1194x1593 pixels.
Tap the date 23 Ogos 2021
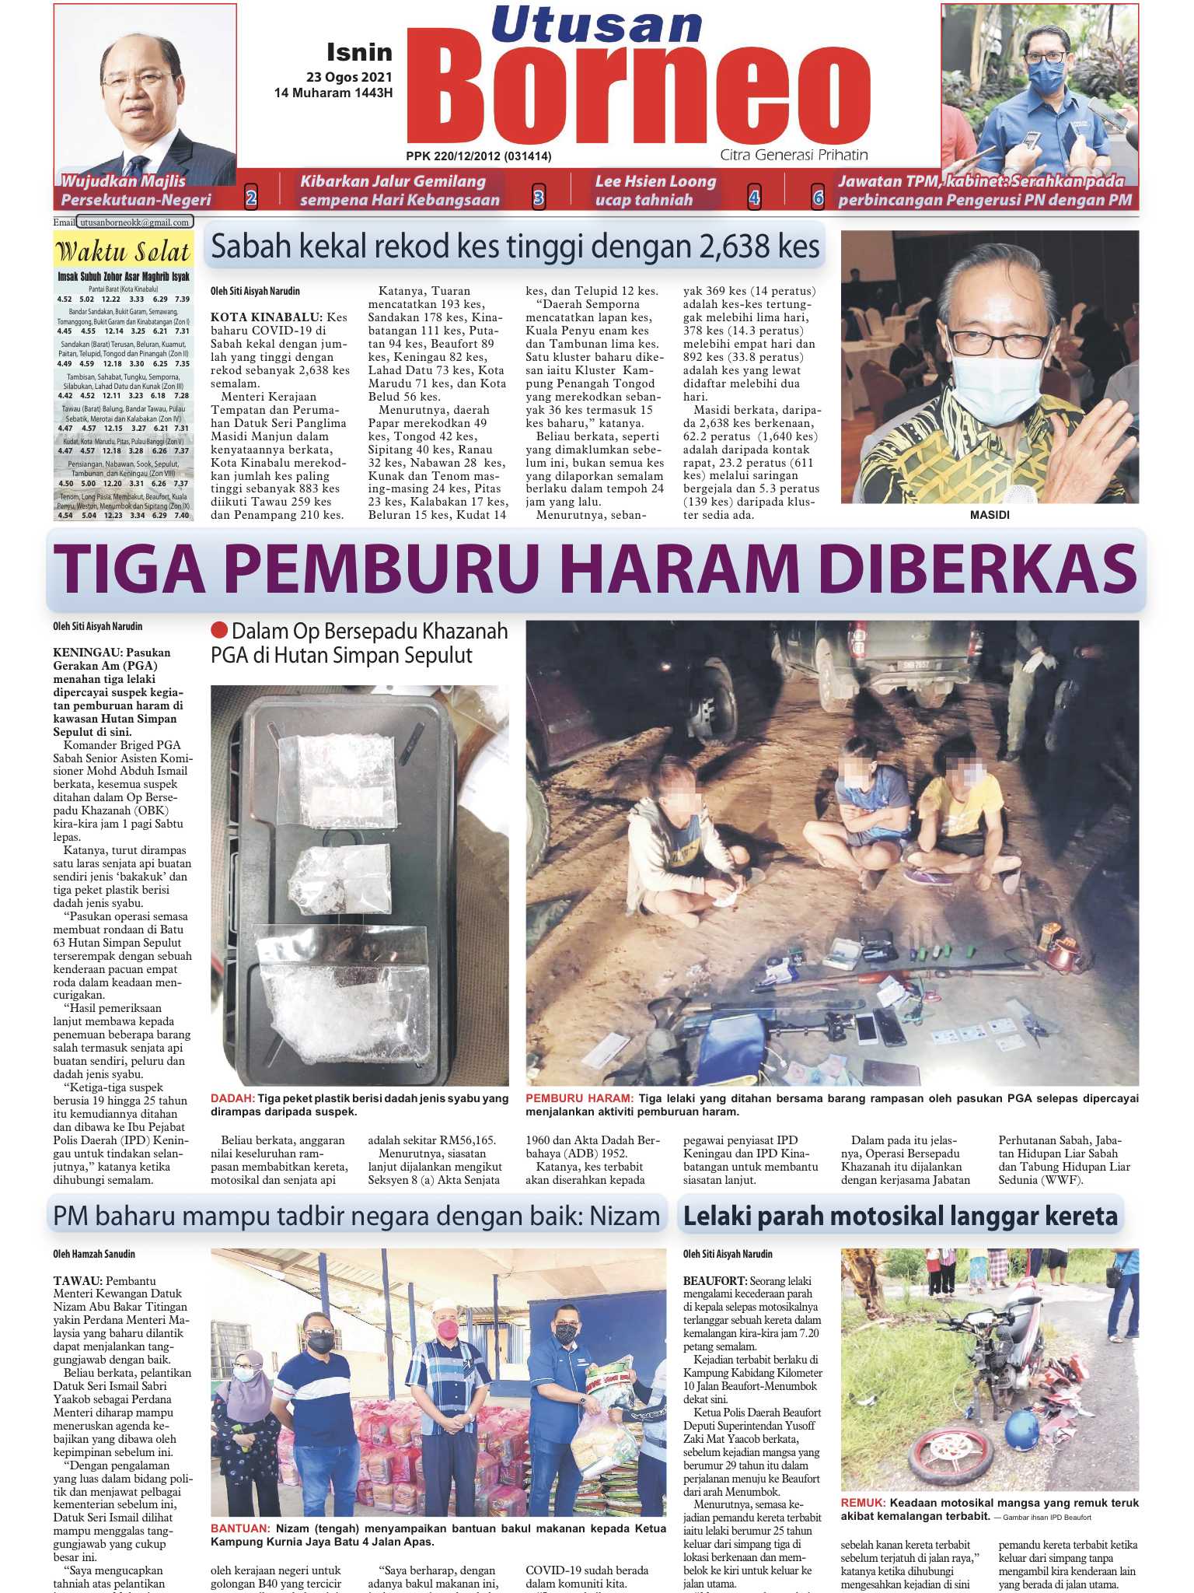(349, 77)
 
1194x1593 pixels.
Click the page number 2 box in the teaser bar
(251, 198)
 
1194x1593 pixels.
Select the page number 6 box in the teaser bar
(818, 198)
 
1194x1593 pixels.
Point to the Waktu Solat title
(123, 252)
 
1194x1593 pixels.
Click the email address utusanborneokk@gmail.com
(135, 222)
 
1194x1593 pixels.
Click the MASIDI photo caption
(990, 515)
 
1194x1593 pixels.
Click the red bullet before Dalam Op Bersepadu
(219, 630)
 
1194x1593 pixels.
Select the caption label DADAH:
(232, 1098)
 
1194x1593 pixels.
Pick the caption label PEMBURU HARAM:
(579, 1098)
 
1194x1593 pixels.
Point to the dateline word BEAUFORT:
(714, 1280)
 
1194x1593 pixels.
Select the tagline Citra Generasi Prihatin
(794, 155)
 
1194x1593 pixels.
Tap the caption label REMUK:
(863, 1503)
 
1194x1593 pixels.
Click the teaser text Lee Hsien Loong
(655, 182)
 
